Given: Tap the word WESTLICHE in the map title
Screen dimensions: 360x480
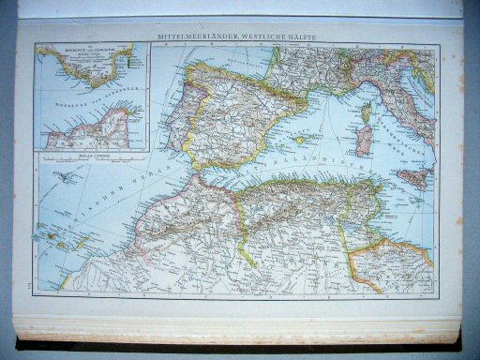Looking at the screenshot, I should coord(268,37).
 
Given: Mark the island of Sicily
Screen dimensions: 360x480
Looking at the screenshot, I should coord(412,175).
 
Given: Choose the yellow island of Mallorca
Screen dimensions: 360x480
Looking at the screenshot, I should coord(303,140).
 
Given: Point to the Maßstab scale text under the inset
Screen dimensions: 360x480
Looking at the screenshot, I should coord(90,156).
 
